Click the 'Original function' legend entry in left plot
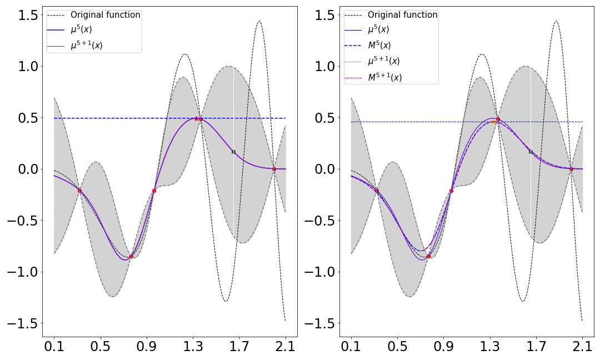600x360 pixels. click(x=105, y=15)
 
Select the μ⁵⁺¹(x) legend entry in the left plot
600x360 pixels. click(x=86, y=46)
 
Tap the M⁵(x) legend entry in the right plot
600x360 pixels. click(x=379, y=46)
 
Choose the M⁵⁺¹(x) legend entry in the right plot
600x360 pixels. click(x=385, y=77)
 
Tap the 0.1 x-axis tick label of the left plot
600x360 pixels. click(x=54, y=347)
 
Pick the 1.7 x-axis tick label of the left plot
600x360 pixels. click(x=239, y=347)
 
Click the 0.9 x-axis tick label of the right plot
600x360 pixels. click(x=444, y=347)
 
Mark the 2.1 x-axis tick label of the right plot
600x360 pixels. click(x=582, y=347)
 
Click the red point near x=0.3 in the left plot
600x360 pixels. click(x=79, y=191)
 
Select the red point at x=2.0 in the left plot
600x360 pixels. click(x=274, y=169)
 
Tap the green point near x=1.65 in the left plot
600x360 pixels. click(x=233, y=152)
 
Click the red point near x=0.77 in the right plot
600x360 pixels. click(x=428, y=256)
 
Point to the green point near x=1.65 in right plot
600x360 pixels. click(x=531, y=152)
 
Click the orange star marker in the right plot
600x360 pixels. click(x=493, y=122)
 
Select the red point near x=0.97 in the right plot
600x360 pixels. click(x=451, y=191)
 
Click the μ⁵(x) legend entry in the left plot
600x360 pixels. click(x=86, y=30)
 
